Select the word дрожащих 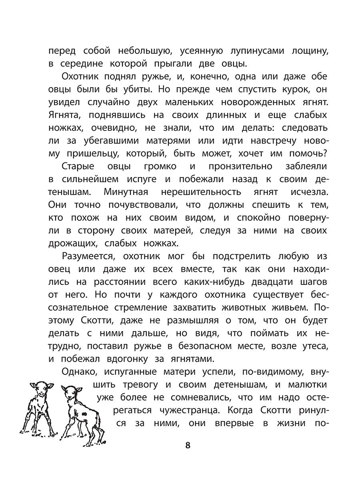click(x=67, y=243)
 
